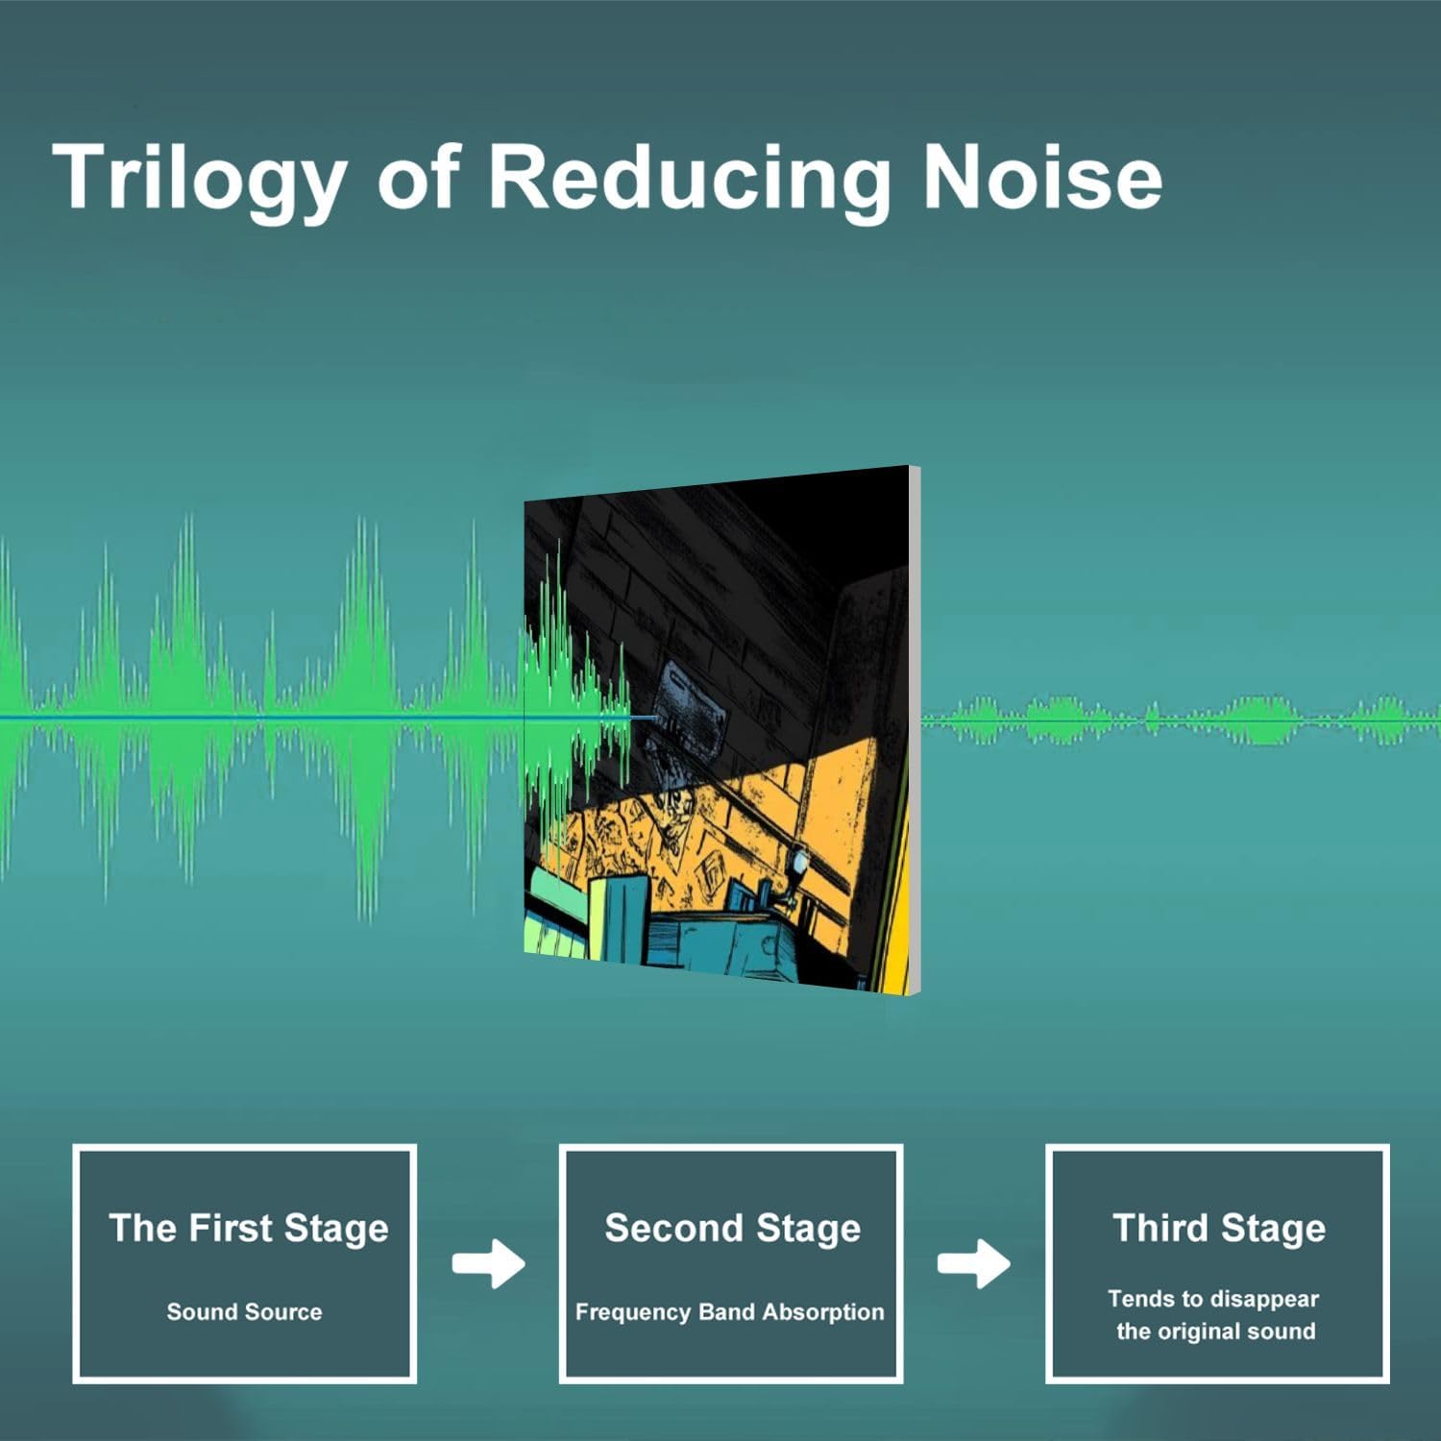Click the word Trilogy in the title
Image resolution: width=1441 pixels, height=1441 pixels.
[200, 179]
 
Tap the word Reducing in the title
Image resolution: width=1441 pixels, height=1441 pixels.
[690, 179]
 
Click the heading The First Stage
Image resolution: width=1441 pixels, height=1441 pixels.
[249, 1228]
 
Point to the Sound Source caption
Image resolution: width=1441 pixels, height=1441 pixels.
[244, 1311]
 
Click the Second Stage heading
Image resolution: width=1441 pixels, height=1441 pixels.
[732, 1228]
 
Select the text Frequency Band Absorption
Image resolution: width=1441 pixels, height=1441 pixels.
[729, 1312]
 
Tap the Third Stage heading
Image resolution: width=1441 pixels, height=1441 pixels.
[1219, 1228]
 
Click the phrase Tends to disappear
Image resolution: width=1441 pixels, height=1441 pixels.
[1213, 1299]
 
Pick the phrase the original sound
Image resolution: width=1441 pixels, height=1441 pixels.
[1215, 1331]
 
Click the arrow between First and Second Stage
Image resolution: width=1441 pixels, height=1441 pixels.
[489, 1263]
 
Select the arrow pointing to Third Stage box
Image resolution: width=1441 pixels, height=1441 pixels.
[974, 1263]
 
